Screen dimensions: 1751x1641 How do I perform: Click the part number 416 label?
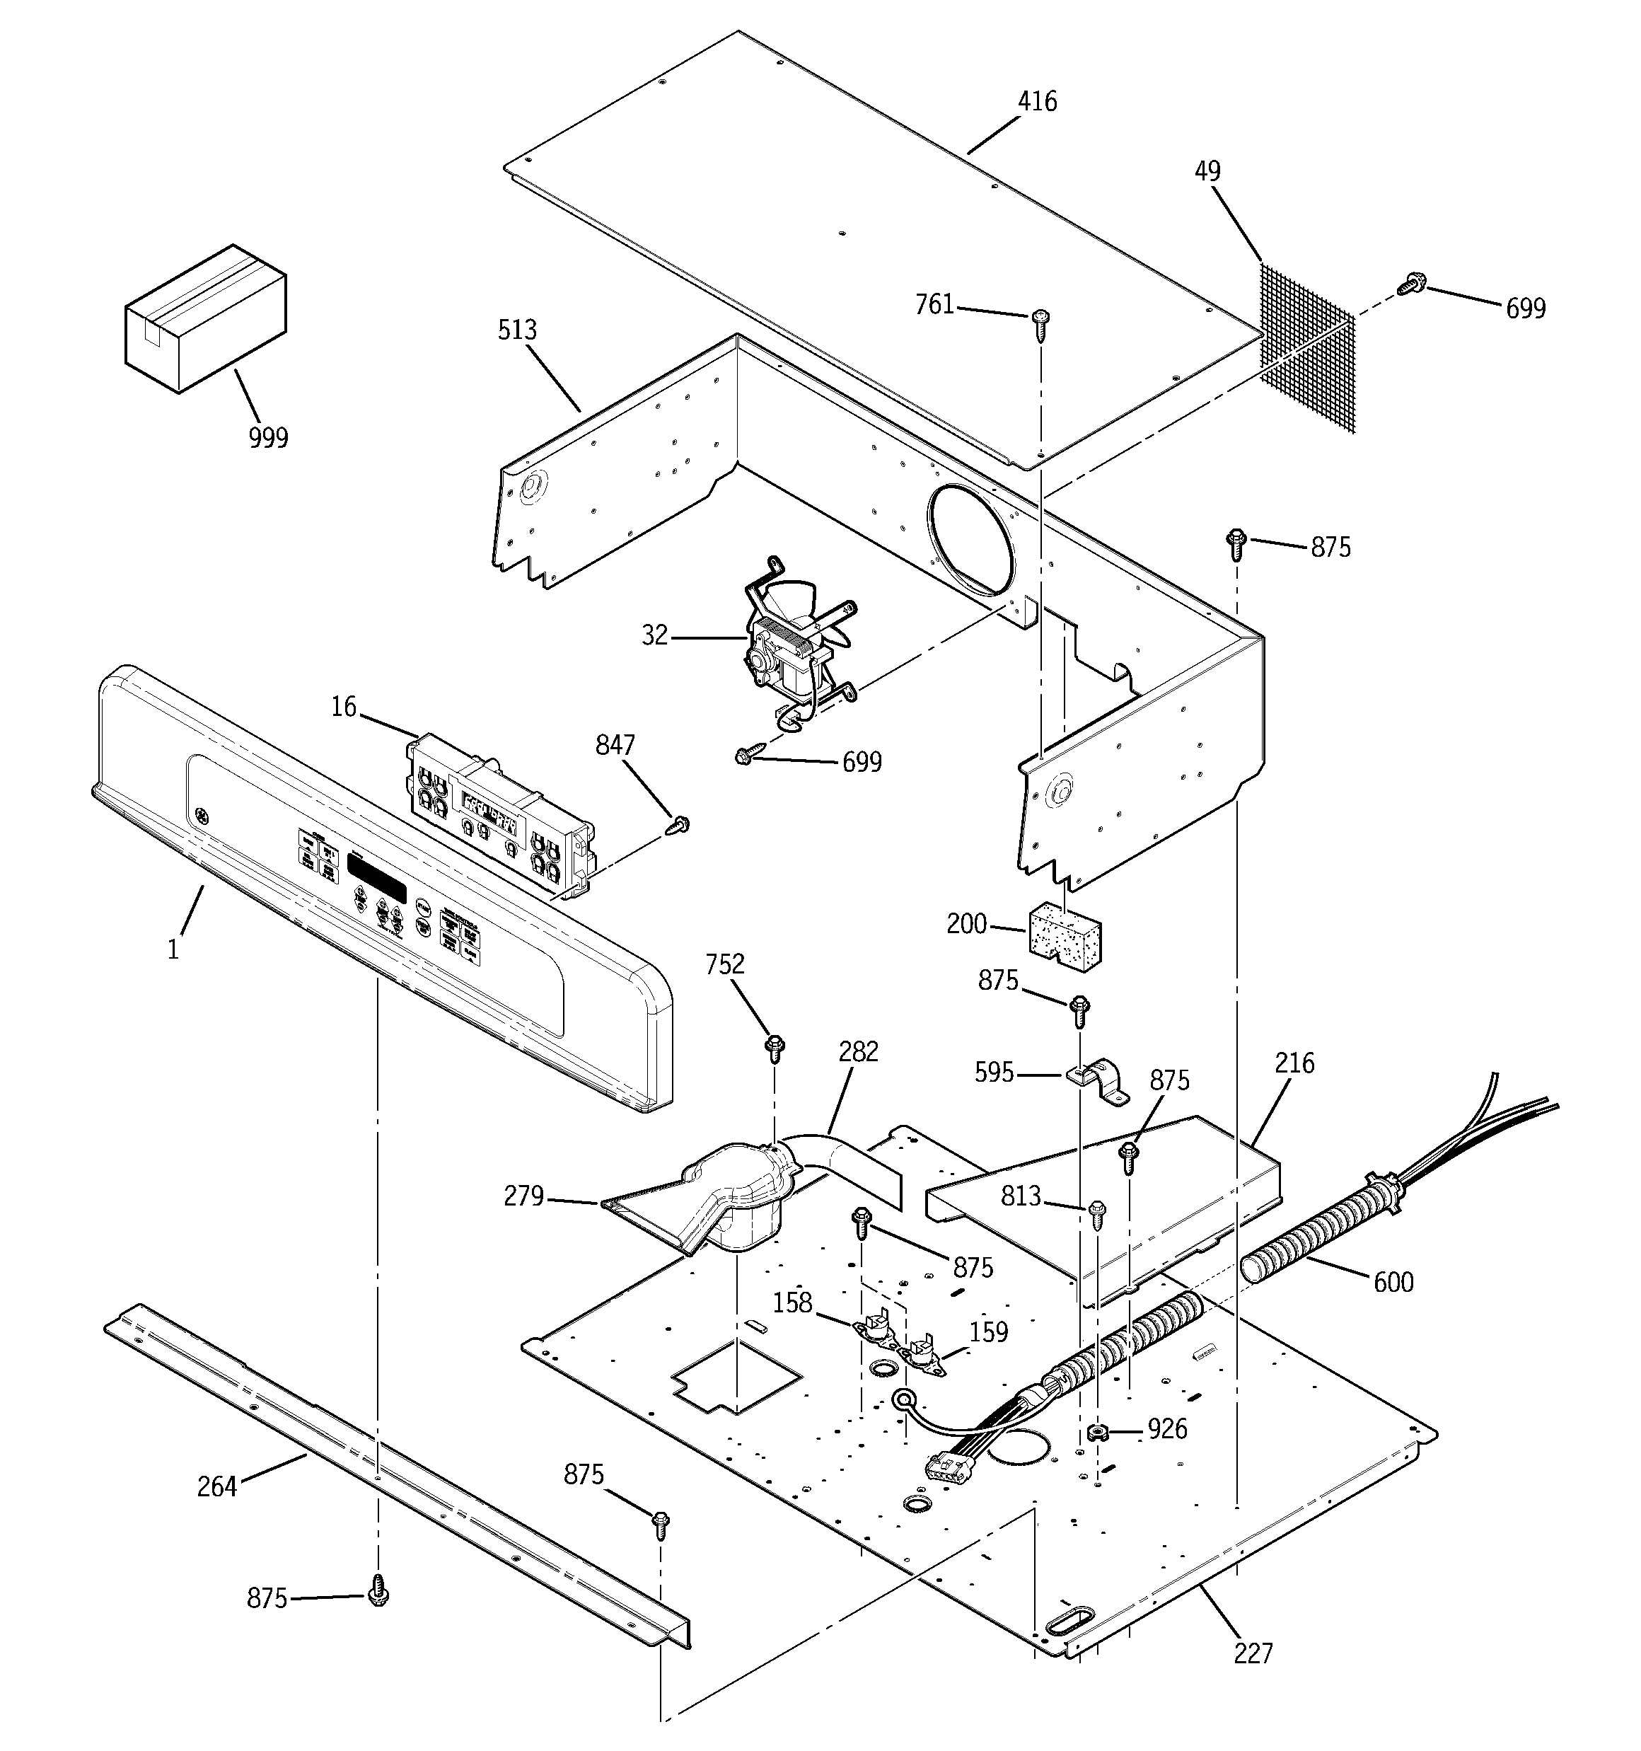1037,102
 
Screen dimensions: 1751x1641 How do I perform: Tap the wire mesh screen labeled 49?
1306,349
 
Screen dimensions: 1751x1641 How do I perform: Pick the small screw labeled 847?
679,826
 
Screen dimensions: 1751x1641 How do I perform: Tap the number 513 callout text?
517,330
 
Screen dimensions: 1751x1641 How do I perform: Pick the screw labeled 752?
775,1048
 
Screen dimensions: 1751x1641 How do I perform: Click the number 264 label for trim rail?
216,1487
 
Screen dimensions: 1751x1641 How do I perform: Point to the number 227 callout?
1253,1653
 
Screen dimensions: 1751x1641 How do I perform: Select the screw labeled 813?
1096,1215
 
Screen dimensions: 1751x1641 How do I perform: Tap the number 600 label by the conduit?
1393,1281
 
